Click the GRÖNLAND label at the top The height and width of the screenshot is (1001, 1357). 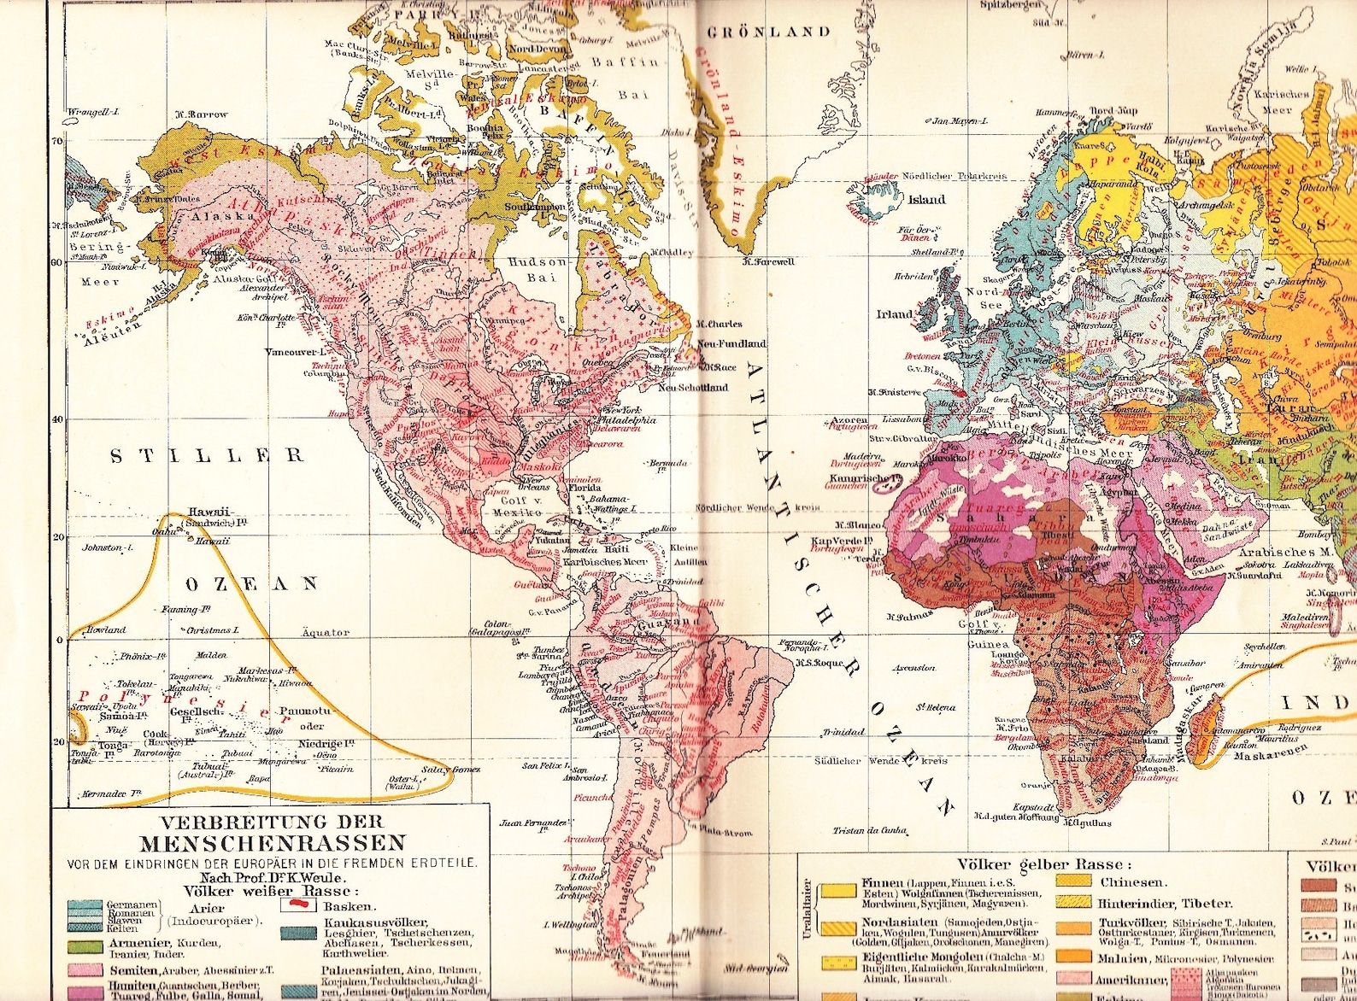click(768, 32)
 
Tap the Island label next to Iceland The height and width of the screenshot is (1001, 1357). click(926, 200)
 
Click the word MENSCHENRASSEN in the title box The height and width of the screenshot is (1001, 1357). click(272, 844)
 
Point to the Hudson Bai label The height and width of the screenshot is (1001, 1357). click(538, 269)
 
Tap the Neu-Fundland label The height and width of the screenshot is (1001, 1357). click(731, 343)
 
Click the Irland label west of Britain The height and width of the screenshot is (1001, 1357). click(895, 313)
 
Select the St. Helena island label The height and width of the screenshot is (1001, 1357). click(936, 707)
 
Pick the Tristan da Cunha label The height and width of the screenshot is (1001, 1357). click(869, 830)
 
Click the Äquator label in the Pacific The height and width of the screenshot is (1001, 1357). click(326, 633)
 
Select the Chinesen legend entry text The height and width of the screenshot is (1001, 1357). click(1132, 882)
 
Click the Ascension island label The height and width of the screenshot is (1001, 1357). click(913, 668)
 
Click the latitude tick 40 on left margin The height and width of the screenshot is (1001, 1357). click(57, 419)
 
